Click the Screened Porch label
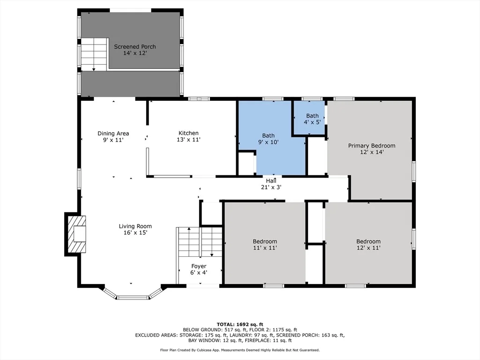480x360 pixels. (x=135, y=46)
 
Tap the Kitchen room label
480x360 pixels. (x=188, y=133)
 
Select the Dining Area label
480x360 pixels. (x=113, y=133)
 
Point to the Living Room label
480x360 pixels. (x=135, y=226)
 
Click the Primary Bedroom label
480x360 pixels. (x=372, y=146)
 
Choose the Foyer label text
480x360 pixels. (x=199, y=266)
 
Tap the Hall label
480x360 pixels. (x=271, y=181)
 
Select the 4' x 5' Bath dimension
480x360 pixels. (x=312, y=122)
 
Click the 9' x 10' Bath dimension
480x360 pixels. (x=269, y=142)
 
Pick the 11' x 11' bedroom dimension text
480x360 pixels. (x=265, y=247)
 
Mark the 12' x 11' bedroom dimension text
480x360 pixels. (x=368, y=247)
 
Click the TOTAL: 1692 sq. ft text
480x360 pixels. (x=240, y=324)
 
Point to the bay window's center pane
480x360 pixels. (x=133, y=297)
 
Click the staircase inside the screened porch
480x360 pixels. (x=94, y=54)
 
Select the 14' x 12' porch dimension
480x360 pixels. (x=135, y=53)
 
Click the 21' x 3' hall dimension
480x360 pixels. (x=271, y=187)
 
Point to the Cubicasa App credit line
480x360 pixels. (x=240, y=350)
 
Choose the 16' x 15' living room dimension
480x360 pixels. (x=135, y=232)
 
